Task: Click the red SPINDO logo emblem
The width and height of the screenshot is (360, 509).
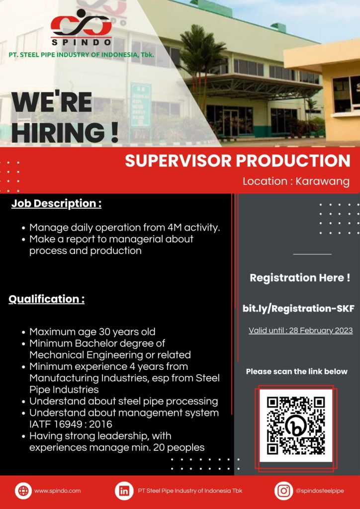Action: [x=81, y=23]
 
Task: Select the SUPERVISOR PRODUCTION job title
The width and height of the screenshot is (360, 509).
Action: [x=238, y=161]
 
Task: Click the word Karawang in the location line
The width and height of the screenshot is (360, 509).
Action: [x=322, y=181]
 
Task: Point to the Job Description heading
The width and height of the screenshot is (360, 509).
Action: [x=57, y=204]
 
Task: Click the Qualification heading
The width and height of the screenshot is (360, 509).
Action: [x=46, y=299]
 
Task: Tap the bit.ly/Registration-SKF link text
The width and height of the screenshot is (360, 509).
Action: [x=298, y=308]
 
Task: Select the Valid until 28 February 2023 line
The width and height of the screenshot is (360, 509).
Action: [x=301, y=331]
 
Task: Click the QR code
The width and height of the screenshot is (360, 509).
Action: [x=296, y=425]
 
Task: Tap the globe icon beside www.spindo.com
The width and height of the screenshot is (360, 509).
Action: [x=23, y=491]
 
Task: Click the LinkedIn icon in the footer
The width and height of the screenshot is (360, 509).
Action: [x=124, y=491]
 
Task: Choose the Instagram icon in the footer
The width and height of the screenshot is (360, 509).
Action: [x=283, y=491]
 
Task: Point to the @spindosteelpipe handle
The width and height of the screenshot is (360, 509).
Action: [x=320, y=491]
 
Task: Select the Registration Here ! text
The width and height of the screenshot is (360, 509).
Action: [x=300, y=278]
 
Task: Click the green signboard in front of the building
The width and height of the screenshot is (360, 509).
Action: [x=141, y=105]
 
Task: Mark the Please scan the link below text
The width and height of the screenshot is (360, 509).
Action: [x=297, y=371]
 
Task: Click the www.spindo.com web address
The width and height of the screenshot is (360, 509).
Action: [x=58, y=491]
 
